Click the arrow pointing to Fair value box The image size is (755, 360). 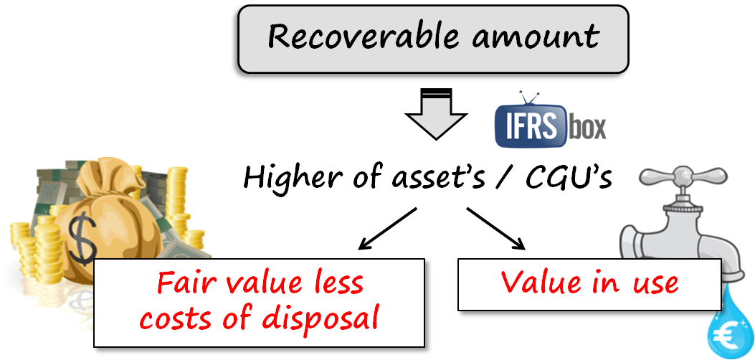click(x=387, y=229)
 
